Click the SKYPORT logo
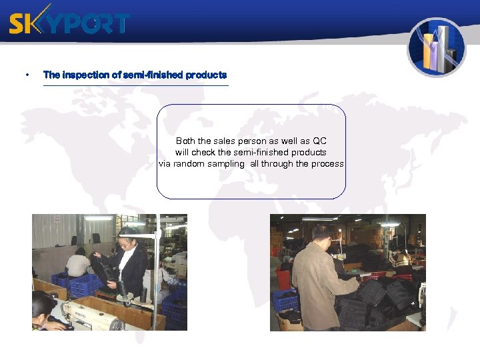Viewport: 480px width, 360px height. click(69, 23)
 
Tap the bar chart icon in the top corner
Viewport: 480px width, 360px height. click(437, 47)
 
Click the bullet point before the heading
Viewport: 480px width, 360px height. click(26, 75)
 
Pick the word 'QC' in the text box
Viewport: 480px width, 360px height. click(319, 141)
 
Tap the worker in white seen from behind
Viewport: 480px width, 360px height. click(79, 263)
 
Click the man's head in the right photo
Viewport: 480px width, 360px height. click(321, 234)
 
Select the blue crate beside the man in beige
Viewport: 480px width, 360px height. click(285, 301)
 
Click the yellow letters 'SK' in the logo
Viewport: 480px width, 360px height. click(25, 23)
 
